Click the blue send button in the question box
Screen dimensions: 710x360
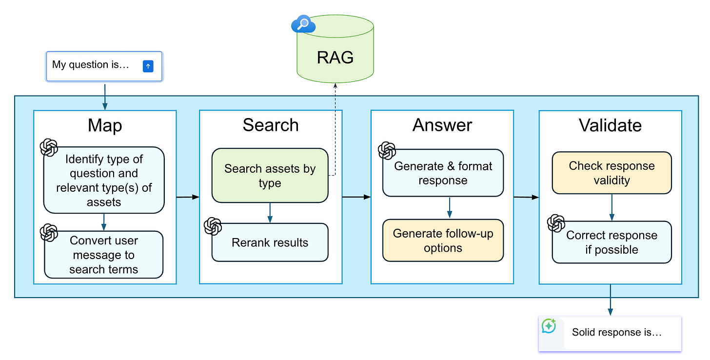pyautogui.click(x=148, y=66)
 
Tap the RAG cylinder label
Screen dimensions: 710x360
pyautogui.click(x=335, y=58)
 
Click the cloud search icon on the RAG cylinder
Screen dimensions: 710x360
pyautogui.click(x=303, y=24)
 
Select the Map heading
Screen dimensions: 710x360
pyautogui.click(x=105, y=125)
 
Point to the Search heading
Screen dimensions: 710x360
pyautogui.click(x=271, y=125)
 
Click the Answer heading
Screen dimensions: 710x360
pyautogui.click(x=442, y=125)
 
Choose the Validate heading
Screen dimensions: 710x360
pyautogui.click(x=610, y=125)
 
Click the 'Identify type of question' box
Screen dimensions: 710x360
pyautogui.click(x=104, y=180)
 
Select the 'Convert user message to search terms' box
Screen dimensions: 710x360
pyautogui.click(x=104, y=255)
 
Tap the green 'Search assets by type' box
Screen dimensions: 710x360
pyautogui.click(x=270, y=176)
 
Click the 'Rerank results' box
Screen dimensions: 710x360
pyautogui.click(x=270, y=242)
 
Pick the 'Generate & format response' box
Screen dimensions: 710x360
pyautogui.click(x=443, y=173)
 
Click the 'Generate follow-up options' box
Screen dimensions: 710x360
pyautogui.click(x=443, y=240)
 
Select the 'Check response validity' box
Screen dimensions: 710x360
pyautogui.click(x=611, y=173)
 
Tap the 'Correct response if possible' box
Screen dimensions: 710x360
pyautogui.click(x=611, y=242)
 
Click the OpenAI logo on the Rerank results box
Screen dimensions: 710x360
pyautogui.click(x=213, y=226)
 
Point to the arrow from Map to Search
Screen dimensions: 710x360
pyautogui.click(x=188, y=197)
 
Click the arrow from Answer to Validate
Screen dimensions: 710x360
pyautogui.click(x=526, y=197)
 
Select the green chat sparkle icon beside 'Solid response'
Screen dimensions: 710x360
pyautogui.click(x=549, y=326)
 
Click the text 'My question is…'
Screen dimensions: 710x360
pyautogui.click(x=91, y=65)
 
